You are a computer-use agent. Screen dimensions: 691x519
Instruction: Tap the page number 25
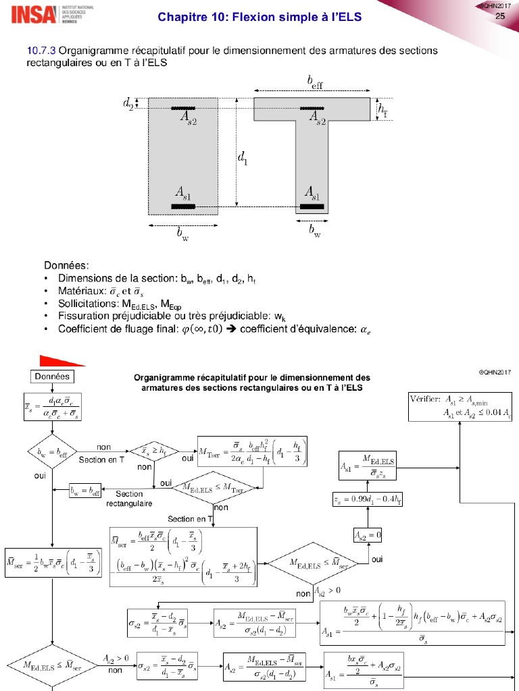(x=501, y=16)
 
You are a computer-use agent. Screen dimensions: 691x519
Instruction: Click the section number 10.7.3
(x=40, y=51)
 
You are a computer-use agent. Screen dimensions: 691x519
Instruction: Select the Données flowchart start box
(x=51, y=376)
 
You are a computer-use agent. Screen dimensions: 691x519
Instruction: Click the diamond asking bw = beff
(x=51, y=451)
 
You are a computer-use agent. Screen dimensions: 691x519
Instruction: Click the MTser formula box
(x=253, y=451)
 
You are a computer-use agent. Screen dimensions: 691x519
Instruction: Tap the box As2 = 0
(x=368, y=535)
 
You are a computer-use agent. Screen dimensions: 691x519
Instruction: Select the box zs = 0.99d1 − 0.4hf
(x=368, y=499)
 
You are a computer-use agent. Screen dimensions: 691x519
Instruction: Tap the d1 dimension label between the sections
(x=242, y=158)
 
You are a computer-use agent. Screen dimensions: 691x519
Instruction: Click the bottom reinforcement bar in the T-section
(x=312, y=206)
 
